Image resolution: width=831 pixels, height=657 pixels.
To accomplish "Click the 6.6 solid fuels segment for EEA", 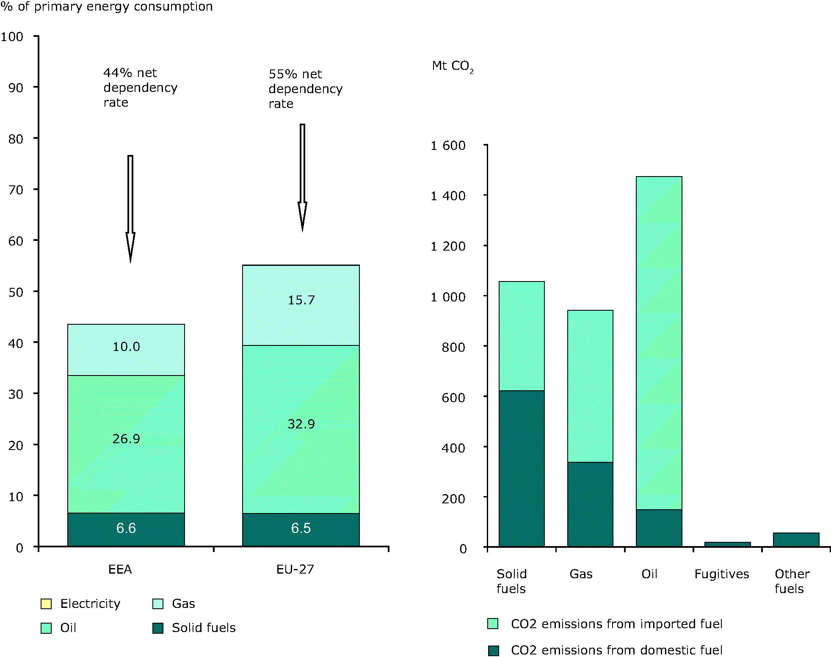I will click(126, 529).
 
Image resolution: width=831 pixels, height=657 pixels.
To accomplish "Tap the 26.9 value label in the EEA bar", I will click(126, 439).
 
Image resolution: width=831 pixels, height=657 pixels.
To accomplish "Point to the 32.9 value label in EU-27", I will click(301, 424).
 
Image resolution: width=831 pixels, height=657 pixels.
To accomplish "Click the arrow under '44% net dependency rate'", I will click(130, 207).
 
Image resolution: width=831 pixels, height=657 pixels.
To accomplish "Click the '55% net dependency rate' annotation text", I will click(305, 89).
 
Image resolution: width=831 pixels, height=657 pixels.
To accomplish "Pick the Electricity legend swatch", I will click(46, 604).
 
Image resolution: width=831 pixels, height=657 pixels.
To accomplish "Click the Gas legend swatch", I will click(158, 604).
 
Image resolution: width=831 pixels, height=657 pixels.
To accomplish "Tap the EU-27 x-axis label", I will click(295, 569).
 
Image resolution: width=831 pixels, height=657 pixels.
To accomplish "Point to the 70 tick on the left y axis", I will click(16, 190).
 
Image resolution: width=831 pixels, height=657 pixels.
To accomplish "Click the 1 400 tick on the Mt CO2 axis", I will click(448, 196).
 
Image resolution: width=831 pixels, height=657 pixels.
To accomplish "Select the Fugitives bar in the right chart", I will click(727, 544).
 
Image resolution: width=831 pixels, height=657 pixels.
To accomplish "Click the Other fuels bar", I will click(796, 539).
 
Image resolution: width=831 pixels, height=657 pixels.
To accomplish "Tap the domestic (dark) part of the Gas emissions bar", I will click(590, 504).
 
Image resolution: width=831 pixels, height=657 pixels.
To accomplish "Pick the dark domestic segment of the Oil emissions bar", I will click(659, 527).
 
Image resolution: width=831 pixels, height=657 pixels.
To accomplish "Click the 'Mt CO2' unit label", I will click(452, 66).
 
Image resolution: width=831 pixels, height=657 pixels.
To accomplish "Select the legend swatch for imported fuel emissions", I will click(493, 624).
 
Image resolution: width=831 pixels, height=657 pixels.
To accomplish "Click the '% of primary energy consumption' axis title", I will click(107, 7).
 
